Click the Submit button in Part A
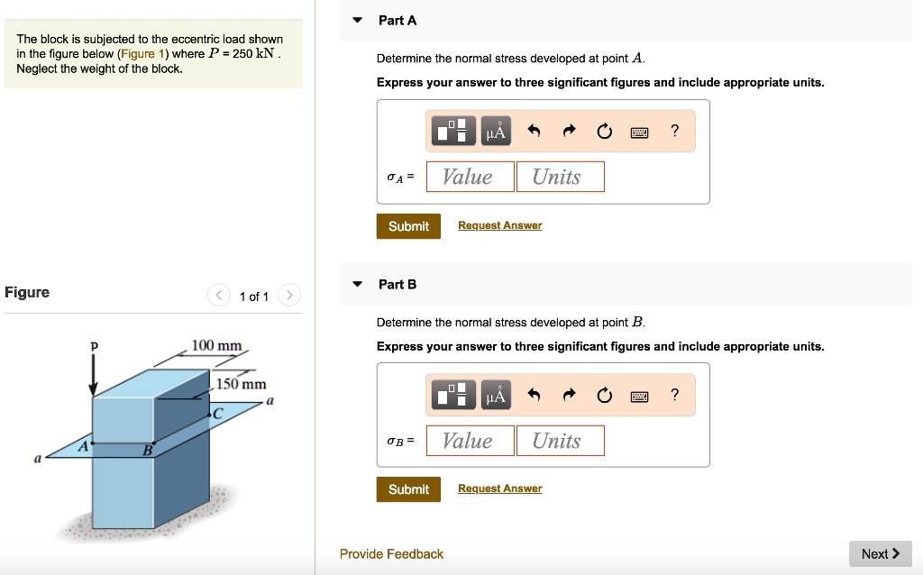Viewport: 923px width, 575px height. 408,226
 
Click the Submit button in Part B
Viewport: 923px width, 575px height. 408,489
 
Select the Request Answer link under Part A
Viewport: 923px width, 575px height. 499,225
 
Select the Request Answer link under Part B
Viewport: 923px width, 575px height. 499,488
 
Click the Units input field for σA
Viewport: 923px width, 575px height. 560,177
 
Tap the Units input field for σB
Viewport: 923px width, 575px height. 560,441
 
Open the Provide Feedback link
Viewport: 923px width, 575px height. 391,554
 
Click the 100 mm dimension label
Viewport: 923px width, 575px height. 216,346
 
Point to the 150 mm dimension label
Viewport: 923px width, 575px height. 241,384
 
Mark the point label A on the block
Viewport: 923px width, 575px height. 84,446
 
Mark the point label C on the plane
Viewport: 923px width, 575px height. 216,414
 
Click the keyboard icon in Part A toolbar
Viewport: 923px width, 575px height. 639,132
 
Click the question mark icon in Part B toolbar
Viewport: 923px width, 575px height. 674,396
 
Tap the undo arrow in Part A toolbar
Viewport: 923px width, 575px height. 534,132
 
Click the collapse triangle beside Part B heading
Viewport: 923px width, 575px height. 358,285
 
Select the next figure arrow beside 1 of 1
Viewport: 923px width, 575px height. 288,296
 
